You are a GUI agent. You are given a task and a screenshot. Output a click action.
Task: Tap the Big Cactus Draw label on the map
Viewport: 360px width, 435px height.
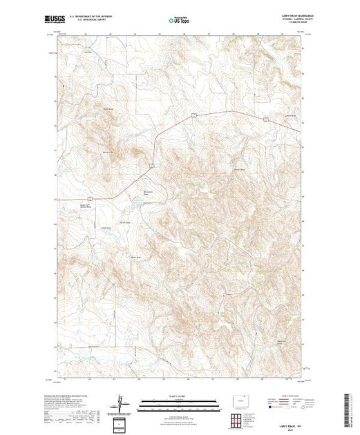point(146,193)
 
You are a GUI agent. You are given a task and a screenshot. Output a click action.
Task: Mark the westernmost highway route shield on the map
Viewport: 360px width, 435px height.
point(99,199)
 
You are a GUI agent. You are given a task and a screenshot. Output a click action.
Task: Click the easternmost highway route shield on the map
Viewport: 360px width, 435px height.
point(265,119)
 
